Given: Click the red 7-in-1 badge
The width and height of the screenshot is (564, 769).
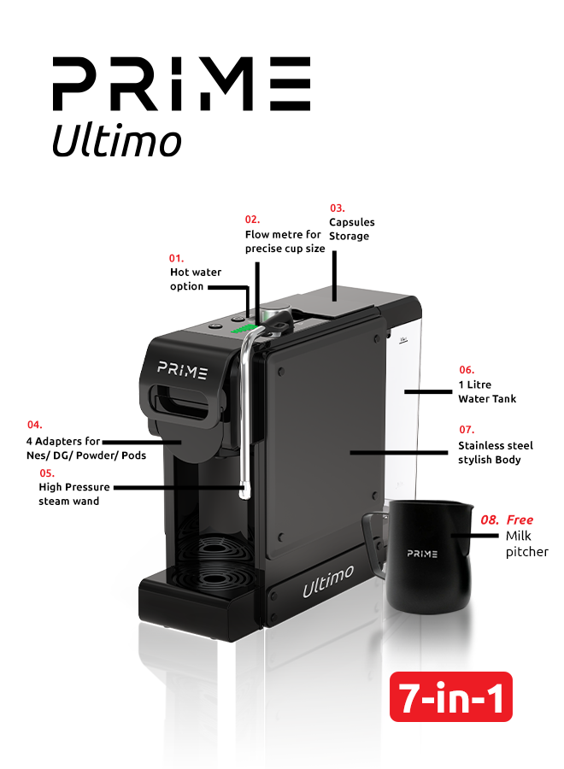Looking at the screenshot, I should (450, 697).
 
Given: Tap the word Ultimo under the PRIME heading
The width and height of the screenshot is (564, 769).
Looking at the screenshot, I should (116, 140).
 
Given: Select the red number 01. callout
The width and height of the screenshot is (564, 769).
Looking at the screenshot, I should (176, 257).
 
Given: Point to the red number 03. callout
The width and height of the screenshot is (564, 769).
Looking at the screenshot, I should (338, 208).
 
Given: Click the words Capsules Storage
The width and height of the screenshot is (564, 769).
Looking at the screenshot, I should (351, 229).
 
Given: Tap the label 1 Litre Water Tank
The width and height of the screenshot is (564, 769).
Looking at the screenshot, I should (487, 391).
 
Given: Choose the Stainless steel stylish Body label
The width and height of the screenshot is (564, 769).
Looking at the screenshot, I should (495, 453).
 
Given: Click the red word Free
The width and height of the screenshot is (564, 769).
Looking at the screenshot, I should (520, 520).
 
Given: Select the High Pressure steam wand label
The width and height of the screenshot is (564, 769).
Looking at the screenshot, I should (74, 494).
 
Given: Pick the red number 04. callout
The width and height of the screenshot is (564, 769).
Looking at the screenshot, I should (35, 424).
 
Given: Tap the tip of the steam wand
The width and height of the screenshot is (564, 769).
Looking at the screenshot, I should (244, 490).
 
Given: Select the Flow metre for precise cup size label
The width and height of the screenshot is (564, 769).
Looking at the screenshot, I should (285, 241).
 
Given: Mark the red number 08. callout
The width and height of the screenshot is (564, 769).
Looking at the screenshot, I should (490, 520).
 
